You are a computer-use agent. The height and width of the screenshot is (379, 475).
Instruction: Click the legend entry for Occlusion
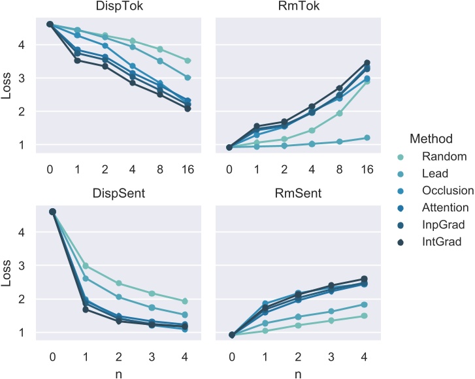point(448,190)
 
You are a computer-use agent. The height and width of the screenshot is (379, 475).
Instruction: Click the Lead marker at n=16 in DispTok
point(188,78)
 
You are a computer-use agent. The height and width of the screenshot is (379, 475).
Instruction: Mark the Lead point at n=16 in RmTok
point(367,138)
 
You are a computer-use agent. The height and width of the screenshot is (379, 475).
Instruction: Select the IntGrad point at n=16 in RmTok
point(367,63)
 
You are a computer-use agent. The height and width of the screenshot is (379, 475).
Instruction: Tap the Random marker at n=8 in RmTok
point(339,114)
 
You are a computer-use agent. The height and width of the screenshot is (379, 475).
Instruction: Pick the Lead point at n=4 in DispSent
point(184,315)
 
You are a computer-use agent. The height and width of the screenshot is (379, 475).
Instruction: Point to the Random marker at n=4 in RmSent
point(363,316)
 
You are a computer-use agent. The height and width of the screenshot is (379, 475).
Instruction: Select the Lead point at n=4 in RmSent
point(363,305)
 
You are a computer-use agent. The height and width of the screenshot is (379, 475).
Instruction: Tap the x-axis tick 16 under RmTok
point(367,170)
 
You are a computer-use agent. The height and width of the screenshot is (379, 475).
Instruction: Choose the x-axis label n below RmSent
point(297,373)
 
